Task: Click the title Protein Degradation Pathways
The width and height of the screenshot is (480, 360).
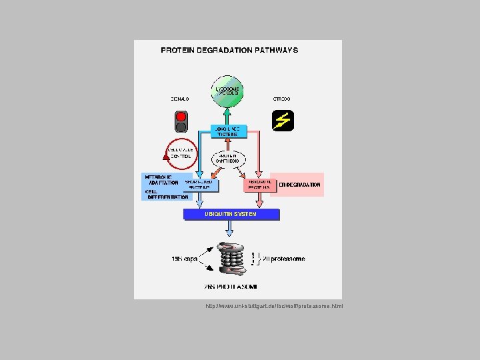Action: (x=229, y=50)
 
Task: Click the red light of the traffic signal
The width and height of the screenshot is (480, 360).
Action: (x=181, y=116)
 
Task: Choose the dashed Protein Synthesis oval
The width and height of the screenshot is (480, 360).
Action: (x=229, y=159)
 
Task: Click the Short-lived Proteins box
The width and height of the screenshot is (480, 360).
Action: (x=199, y=184)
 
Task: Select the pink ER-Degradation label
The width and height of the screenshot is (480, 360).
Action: (x=300, y=185)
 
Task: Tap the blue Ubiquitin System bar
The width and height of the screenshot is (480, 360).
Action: (x=231, y=214)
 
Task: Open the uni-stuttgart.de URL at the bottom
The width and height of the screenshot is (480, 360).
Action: (x=275, y=307)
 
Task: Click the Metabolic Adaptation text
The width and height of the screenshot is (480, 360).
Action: (x=161, y=179)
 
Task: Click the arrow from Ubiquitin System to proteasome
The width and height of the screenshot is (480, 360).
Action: (x=230, y=229)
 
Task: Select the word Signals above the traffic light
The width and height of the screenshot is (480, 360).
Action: (x=180, y=99)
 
